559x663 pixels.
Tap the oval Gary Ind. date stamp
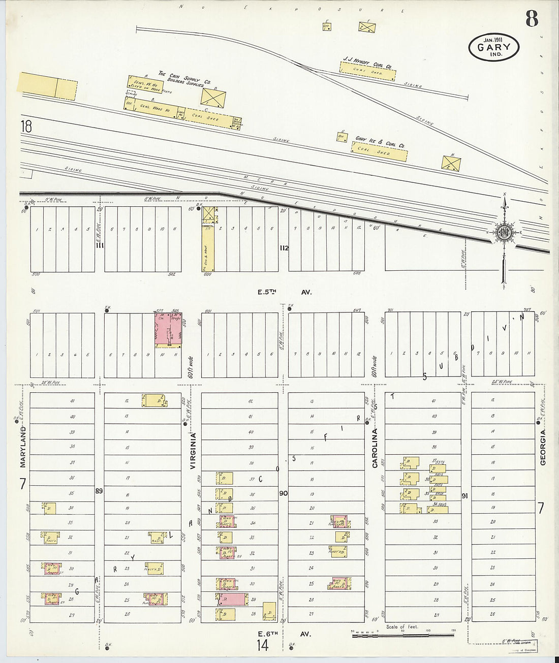493,48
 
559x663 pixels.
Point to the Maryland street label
23,448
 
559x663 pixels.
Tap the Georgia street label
543,447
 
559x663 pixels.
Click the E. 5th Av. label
284,292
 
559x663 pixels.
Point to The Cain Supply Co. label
184,78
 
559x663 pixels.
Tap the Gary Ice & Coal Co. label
380,141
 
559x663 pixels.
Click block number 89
99,491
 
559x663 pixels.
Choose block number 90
283,493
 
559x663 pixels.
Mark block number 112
284,248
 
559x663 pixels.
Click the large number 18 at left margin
26,126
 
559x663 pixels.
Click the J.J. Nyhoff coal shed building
367,73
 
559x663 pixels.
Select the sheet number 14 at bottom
262,646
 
